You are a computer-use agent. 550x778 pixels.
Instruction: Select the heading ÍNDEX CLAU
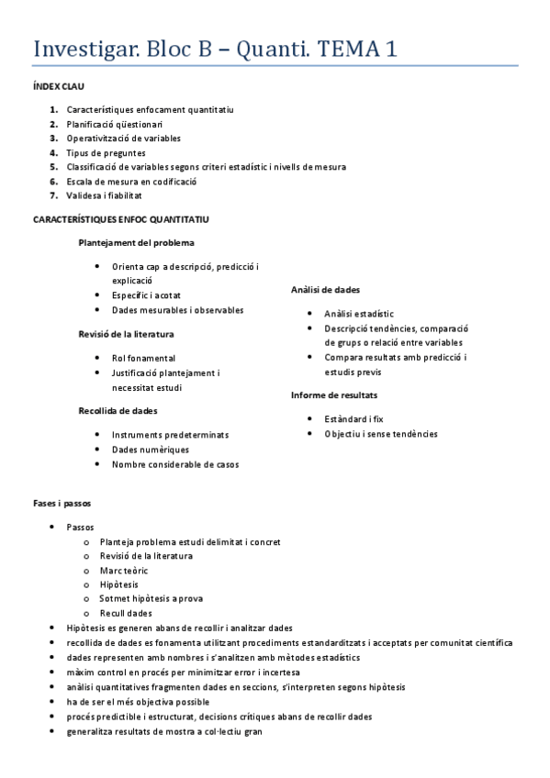(59, 86)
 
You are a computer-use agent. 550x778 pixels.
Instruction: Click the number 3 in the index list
(54, 139)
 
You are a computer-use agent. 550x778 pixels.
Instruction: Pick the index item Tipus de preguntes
(106, 153)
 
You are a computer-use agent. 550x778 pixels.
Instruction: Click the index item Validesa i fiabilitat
(104, 195)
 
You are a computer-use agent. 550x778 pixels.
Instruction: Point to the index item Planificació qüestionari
(115, 124)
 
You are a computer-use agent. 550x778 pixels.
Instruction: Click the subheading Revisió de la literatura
(126, 334)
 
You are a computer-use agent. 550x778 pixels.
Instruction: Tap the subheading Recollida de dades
(118, 411)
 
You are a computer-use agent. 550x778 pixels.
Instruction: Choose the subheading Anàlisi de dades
(325, 289)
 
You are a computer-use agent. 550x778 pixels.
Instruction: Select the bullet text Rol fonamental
(143, 358)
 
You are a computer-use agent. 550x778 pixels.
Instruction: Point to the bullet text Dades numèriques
(151, 450)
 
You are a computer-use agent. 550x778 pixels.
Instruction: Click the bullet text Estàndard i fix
(354, 418)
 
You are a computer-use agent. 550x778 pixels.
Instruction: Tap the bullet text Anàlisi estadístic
(358, 313)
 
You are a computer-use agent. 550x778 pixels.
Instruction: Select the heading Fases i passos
(62, 504)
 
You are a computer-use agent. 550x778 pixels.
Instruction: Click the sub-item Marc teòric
(124, 571)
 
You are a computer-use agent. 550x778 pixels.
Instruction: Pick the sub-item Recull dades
(126, 613)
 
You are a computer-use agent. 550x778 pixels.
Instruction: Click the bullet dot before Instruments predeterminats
(98, 434)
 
